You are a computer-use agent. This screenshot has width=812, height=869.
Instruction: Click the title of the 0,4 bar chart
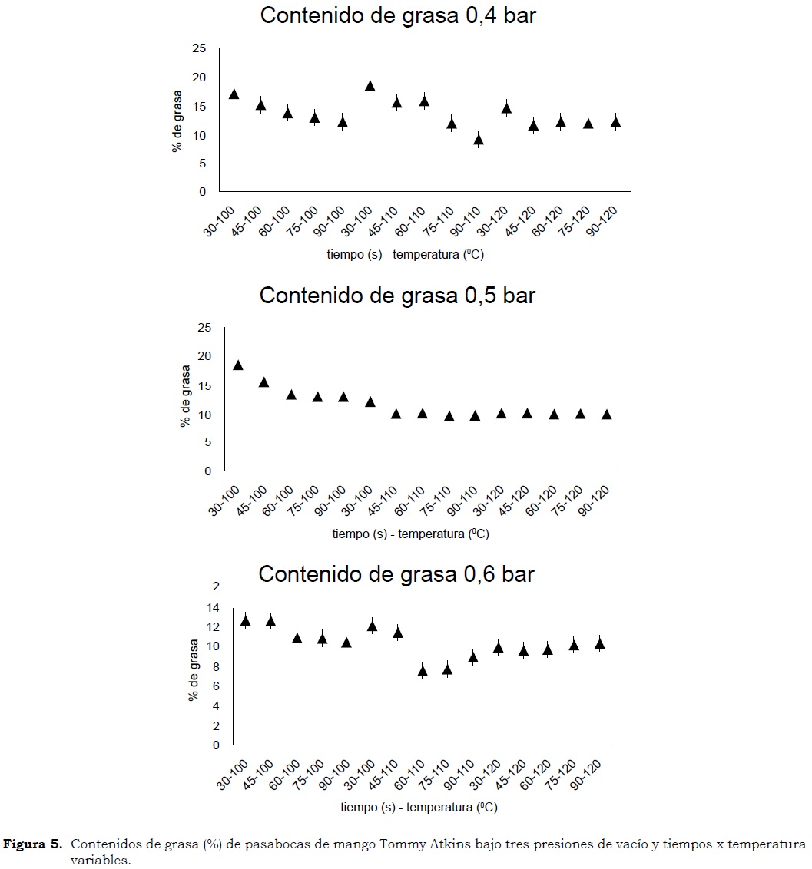click(x=398, y=16)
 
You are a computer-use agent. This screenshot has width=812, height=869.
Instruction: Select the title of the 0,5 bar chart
click(x=397, y=296)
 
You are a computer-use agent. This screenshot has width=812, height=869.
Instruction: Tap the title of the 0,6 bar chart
click(x=396, y=574)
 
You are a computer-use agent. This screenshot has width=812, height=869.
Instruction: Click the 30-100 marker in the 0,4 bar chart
click(x=234, y=94)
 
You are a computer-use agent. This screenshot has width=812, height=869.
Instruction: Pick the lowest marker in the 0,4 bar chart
click(x=478, y=139)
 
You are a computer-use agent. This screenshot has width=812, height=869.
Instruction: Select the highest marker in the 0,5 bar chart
click(x=237, y=365)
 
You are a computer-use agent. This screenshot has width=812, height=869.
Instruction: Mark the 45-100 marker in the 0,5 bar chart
click(x=263, y=382)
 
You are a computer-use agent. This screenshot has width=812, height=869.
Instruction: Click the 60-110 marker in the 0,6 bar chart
click(x=422, y=670)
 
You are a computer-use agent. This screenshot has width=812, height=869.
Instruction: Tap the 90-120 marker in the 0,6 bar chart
click(x=599, y=643)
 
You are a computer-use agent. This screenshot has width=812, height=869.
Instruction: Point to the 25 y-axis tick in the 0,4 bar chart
click(x=199, y=48)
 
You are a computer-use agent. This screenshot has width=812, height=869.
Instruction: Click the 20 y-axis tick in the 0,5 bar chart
click(x=204, y=356)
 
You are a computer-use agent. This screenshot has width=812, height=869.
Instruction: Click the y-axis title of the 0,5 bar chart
click(x=184, y=396)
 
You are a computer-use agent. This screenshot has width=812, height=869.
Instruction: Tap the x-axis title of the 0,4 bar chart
click(x=408, y=255)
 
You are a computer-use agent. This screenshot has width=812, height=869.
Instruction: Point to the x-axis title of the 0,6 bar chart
click(x=419, y=807)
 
